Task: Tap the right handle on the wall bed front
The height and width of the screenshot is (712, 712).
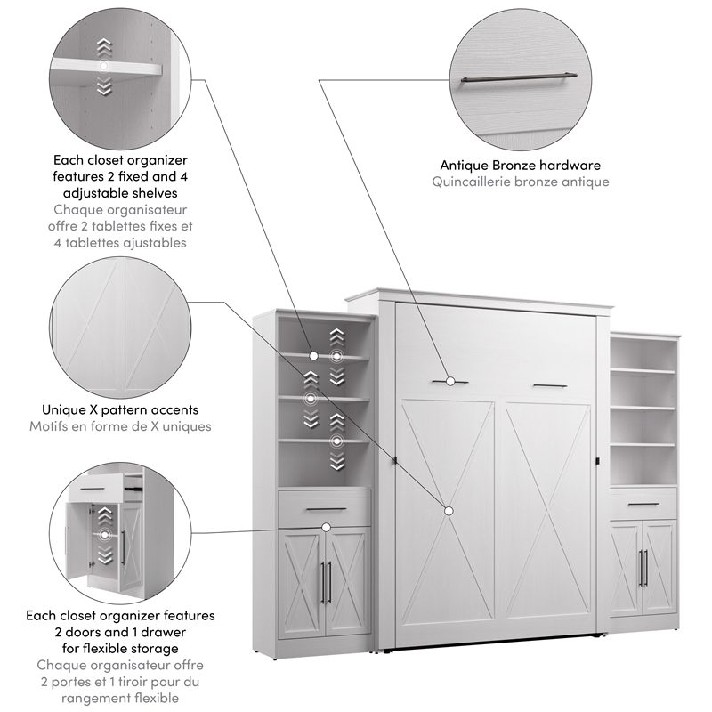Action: [x=549, y=385]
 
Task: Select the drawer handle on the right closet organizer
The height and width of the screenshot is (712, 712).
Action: [x=643, y=504]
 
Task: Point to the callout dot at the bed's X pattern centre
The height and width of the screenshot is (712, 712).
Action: [x=448, y=511]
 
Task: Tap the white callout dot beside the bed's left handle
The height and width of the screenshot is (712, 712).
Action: [x=451, y=381]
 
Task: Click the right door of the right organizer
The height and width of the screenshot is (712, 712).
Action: [x=659, y=570]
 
